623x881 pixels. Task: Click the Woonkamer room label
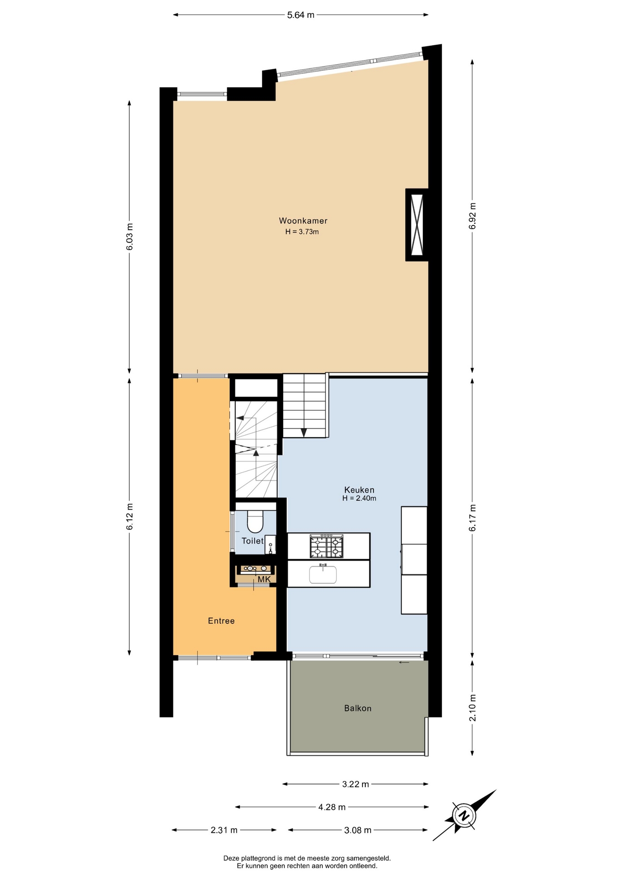tap(303, 221)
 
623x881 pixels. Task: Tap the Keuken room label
tap(359, 490)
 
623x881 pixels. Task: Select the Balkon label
tap(358, 708)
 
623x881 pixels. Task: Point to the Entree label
tap(221, 621)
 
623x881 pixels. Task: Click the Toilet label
tap(252, 541)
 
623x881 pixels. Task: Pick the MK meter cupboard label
tap(264, 580)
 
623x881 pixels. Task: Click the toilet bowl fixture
tap(255, 520)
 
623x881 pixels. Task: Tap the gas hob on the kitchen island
tap(327, 546)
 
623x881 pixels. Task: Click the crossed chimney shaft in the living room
tap(417, 224)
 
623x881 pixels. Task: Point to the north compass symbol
tap(464, 815)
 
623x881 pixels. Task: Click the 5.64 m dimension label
tap(301, 15)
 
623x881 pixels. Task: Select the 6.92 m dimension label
tap(473, 216)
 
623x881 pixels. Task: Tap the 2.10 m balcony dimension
tap(473, 708)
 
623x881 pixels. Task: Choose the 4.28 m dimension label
tap(332, 807)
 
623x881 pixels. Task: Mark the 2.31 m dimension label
tap(224, 830)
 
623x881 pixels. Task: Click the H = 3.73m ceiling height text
tap(302, 232)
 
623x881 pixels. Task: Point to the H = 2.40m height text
tap(359, 498)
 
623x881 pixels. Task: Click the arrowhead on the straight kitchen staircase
tap(304, 433)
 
